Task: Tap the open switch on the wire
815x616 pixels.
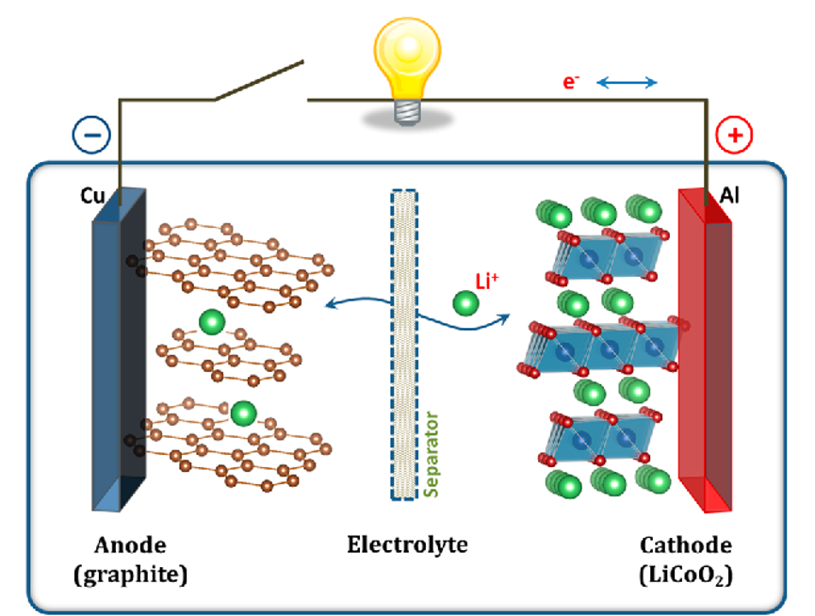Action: (x=259, y=81)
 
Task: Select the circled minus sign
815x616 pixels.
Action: (x=91, y=135)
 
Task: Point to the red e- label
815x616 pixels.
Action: (x=571, y=82)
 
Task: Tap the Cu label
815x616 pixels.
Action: (x=91, y=196)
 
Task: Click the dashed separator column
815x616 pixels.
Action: (x=403, y=344)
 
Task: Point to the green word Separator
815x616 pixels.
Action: (x=432, y=453)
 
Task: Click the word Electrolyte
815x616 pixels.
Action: (x=407, y=544)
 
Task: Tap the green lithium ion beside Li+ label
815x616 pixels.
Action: (x=465, y=303)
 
